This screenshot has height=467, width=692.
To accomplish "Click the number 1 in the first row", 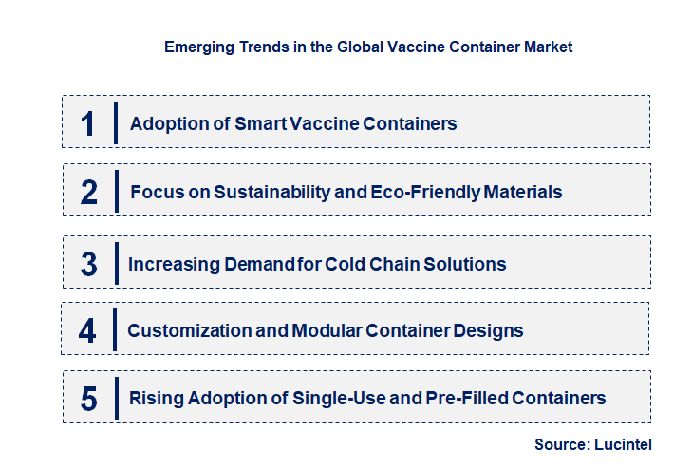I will click(x=87, y=123).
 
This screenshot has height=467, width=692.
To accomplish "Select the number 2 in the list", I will click(x=89, y=192).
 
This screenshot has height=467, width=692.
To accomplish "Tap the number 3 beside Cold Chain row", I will click(x=88, y=264).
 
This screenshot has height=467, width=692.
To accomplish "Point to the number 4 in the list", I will click(x=87, y=330).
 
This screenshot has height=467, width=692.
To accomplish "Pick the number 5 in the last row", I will click(x=88, y=398).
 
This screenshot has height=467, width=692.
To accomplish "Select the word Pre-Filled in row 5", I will click(x=452, y=398).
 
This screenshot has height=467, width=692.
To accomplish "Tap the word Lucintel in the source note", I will click(x=624, y=443).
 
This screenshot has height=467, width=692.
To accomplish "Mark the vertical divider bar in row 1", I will click(x=115, y=122).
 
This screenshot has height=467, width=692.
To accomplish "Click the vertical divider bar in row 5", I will click(x=115, y=397).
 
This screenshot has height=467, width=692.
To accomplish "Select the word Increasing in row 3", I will click(x=168, y=264).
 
